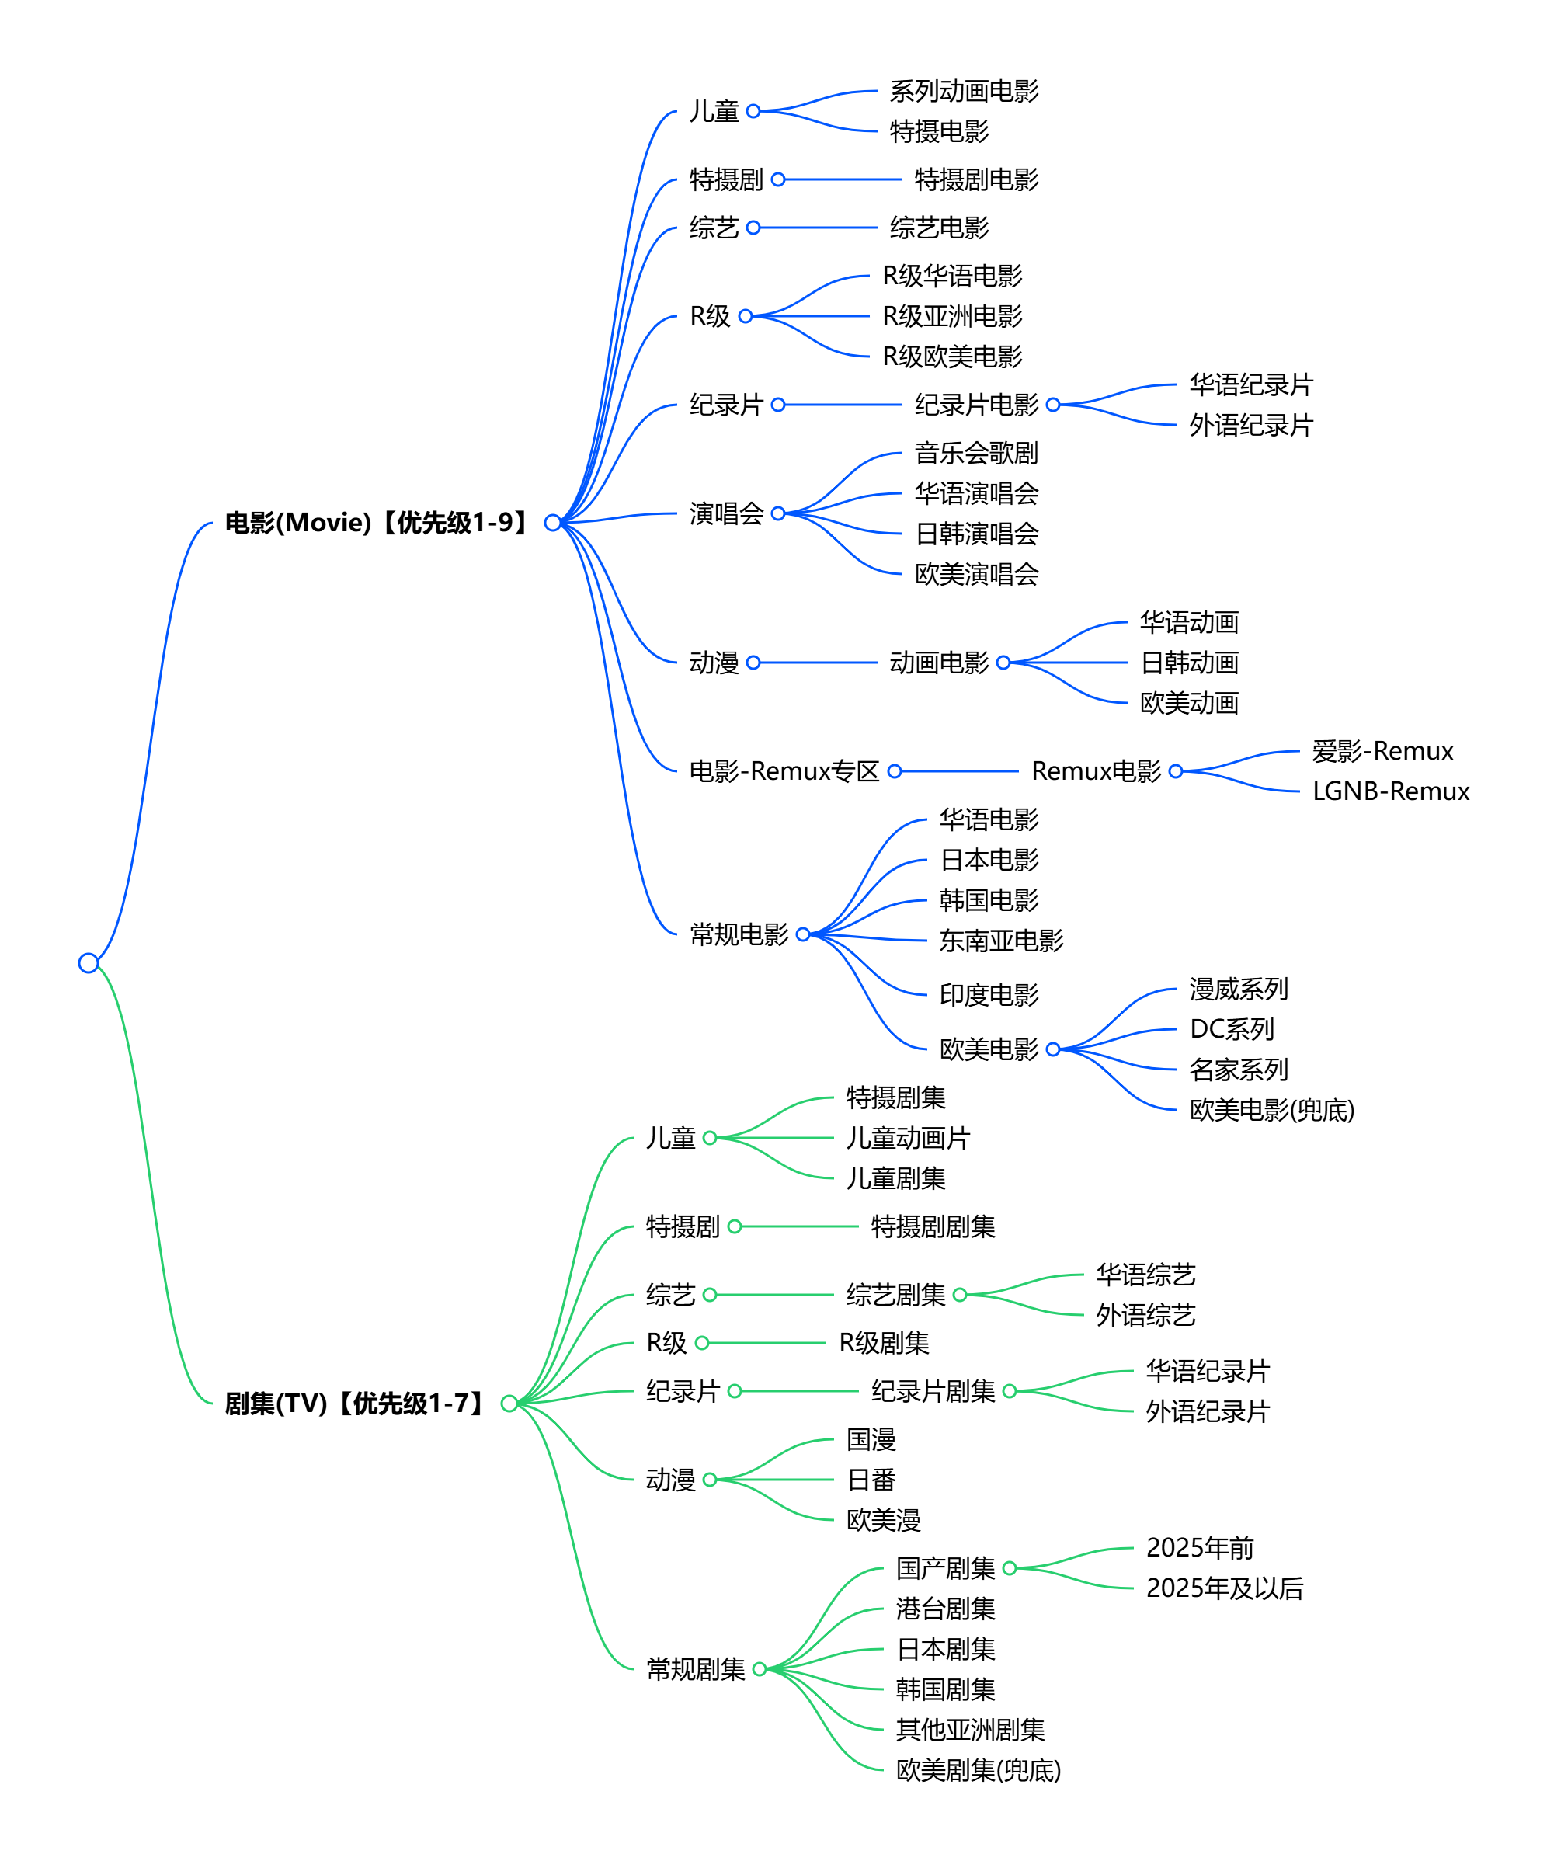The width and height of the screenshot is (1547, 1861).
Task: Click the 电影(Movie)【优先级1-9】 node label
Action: coord(377,523)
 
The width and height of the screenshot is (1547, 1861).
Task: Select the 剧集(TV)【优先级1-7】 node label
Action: coord(354,1404)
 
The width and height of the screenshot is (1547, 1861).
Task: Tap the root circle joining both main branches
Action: coord(88,963)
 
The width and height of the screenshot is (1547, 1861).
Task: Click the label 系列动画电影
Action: coord(964,92)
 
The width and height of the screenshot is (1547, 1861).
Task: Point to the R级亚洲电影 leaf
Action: coord(951,316)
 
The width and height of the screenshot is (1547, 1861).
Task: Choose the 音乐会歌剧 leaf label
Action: coord(975,454)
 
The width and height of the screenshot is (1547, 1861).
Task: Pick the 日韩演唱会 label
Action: coord(976,534)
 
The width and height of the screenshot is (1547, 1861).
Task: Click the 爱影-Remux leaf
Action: coord(1382,752)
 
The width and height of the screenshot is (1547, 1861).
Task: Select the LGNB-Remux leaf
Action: coord(1390,791)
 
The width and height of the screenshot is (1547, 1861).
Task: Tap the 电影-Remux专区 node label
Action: coord(784,772)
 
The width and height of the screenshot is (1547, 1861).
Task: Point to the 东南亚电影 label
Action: coord(1001,941)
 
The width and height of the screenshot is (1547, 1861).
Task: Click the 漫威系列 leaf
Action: coord(1238,989)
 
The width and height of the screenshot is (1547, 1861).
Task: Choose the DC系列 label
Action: coord(1231,1030)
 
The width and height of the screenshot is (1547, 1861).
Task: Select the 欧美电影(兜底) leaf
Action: coord(1271,1111)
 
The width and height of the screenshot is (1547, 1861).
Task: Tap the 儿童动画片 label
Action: coord(908,1139)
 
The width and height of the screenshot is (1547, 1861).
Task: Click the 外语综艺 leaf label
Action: coord(1145,1315)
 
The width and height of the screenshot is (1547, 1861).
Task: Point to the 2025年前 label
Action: coord(1200,1548)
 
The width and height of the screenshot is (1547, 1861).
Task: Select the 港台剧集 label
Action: coord(945,1609)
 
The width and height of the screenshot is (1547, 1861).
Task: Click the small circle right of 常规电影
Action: coord(803,934)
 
